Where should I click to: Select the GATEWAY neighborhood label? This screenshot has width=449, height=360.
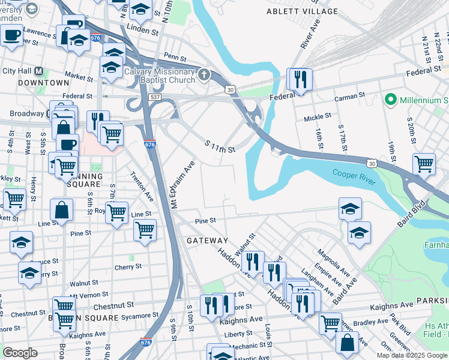[207, 240]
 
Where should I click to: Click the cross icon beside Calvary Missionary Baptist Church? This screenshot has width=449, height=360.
[204, 76]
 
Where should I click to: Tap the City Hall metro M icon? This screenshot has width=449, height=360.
[39, 71]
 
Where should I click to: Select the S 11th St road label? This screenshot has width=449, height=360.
[220, 146]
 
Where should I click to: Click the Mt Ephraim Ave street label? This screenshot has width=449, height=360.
[183, 184]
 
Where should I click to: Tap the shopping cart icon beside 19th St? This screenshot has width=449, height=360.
[424, 164]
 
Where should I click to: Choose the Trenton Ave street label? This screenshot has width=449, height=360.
[142, 187]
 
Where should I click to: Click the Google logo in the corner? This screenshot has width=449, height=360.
[20, 352]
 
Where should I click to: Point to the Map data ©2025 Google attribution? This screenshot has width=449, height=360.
[412, 355]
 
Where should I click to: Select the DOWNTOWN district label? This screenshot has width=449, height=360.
[43, 82]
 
